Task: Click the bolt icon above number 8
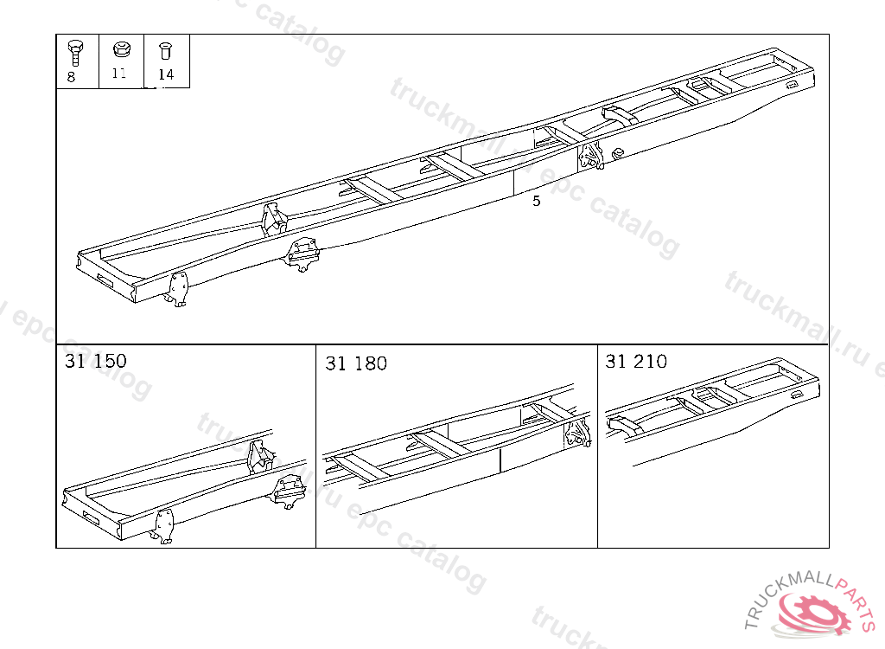click(x=75, y=53)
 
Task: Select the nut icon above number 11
click(x=121, y=49)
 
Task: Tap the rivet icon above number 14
click(x=165, y=51)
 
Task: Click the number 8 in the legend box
click(x=71, y=77)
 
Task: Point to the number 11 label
click(x=119, y=73)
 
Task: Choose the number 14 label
click(x=166, y=74)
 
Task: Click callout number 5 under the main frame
click(x=536, y=201)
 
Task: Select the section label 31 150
click(x=95, y=361)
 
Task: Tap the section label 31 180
click(x=356, y=363)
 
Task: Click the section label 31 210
click(x=636, y=361)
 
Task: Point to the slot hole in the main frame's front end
click(x=105, y=280)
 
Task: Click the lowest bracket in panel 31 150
click(x=162, y=526)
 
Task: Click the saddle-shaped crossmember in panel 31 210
click(x=625, y=425)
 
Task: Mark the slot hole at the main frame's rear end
click(x=792, y=84)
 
